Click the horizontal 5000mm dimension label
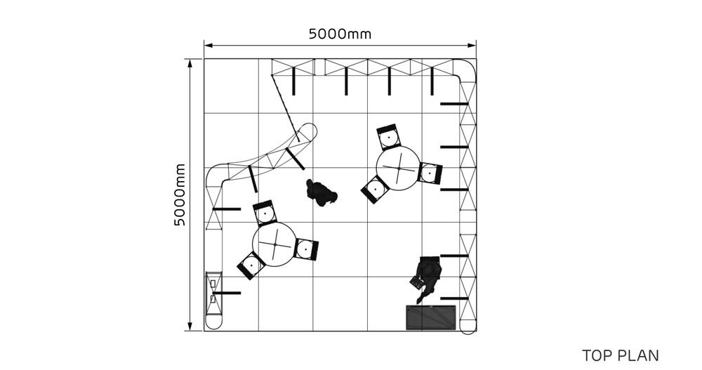coord(340,34)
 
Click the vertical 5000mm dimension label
coord(179,194)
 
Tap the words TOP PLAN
coord(621,355)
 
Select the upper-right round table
coord(398,168)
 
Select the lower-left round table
coord(274,244)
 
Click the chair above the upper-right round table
coord(388,136)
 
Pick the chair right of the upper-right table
coord(430,173)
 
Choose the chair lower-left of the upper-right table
coord(375,189)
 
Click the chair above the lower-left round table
coord(265,212)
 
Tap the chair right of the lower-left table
coord(306,249)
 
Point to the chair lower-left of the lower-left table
coord(251,265)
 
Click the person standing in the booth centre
coord(321,192)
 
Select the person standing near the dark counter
coord(427,278)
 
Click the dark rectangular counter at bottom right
coord(431,317)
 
